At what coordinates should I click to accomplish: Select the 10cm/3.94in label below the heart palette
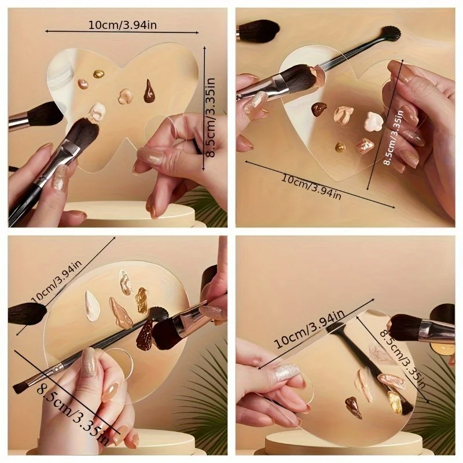(312, 186)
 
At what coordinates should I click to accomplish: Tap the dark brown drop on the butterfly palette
(149, 91)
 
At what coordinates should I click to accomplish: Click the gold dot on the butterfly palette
(98, 74)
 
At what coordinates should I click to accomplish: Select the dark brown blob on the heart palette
(319, 108)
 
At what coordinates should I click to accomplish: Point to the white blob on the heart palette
(373, 121)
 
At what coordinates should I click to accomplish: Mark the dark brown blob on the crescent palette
(353, 407)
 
